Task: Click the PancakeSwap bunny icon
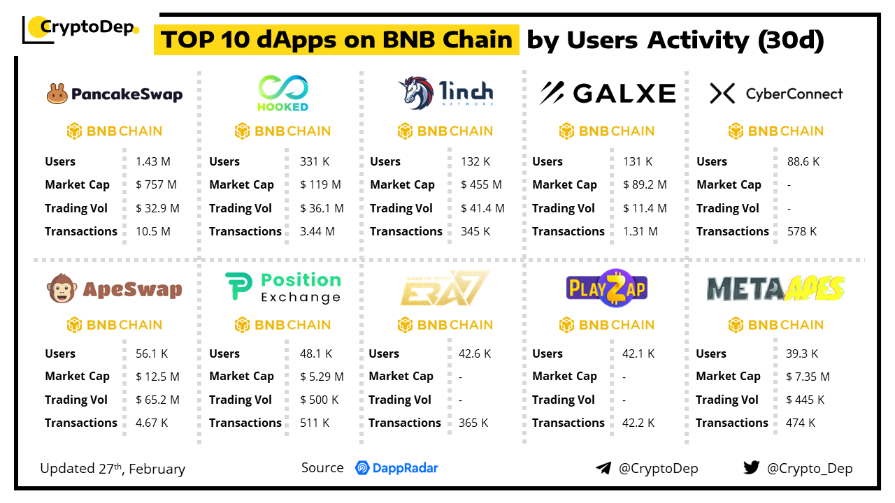pyautogui.click(x=57, y=94)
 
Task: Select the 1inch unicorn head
pyautogui.click(x=415, y=93)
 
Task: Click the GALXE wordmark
pyautogui.click(x=624, y=94)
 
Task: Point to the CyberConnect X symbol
pyautogui.click(x=722, y=94)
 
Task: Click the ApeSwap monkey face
pyautogui.click(x=62, y=289)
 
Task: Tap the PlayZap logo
pyautogui.click(x=607, y=288)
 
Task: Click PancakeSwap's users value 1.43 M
pyautogui.click(x=153, y=161)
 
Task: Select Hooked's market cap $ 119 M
pyautogui.click(x=320, y=185)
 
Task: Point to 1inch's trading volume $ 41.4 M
pyautogui.click(x=482, y=208)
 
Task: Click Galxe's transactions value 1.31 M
pyautogui.click(x=640, y=231)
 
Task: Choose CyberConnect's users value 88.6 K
pyautogui.click(x=803, y=161)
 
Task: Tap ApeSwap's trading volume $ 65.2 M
pyautogui.click(x=157, y=400)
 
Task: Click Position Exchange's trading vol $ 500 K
pyautogui.click(x=320, y=400)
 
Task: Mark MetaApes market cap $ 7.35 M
pyautogui.click(x=808, y=377)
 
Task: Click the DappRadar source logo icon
pyautogui.click(x=362, y=468)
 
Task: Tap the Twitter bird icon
pyautogui.click(x=752, y=467)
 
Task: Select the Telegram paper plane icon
pyautogui.click(x=603, y=468)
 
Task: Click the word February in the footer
pyautogui.click(x=157, y=469)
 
